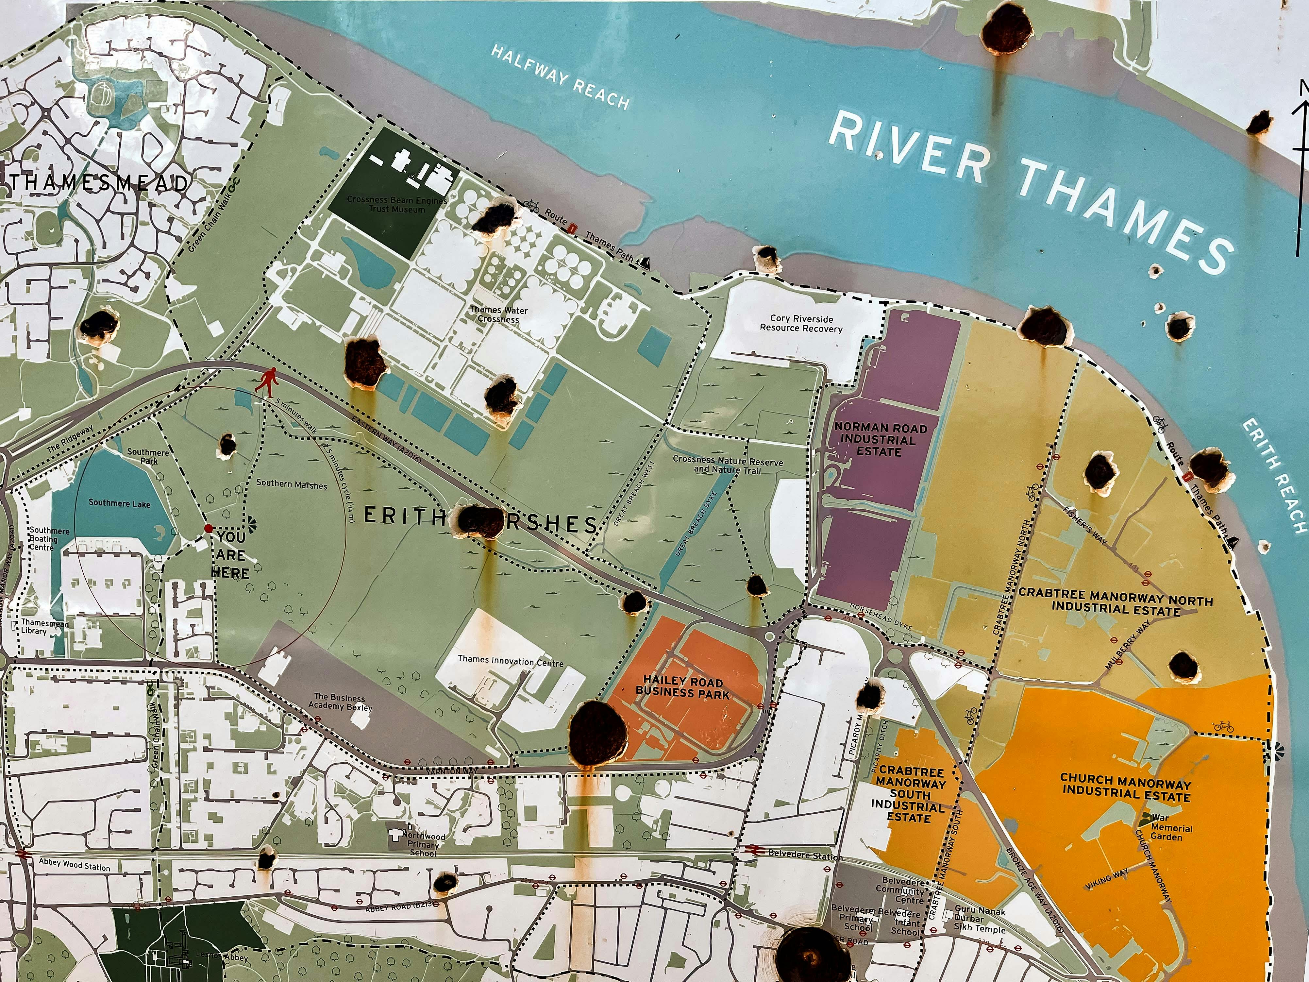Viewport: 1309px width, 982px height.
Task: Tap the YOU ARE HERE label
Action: (x=230, y=555)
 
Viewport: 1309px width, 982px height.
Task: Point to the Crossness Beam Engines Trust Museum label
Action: (x=396, y=204)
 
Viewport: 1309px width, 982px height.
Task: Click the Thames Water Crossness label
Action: (x=498, y=314)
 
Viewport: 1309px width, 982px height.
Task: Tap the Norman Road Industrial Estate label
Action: (x=880, y=439)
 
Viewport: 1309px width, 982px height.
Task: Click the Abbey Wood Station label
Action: (x=75, y=865)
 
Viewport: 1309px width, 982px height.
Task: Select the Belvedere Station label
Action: (x=805, y=855)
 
